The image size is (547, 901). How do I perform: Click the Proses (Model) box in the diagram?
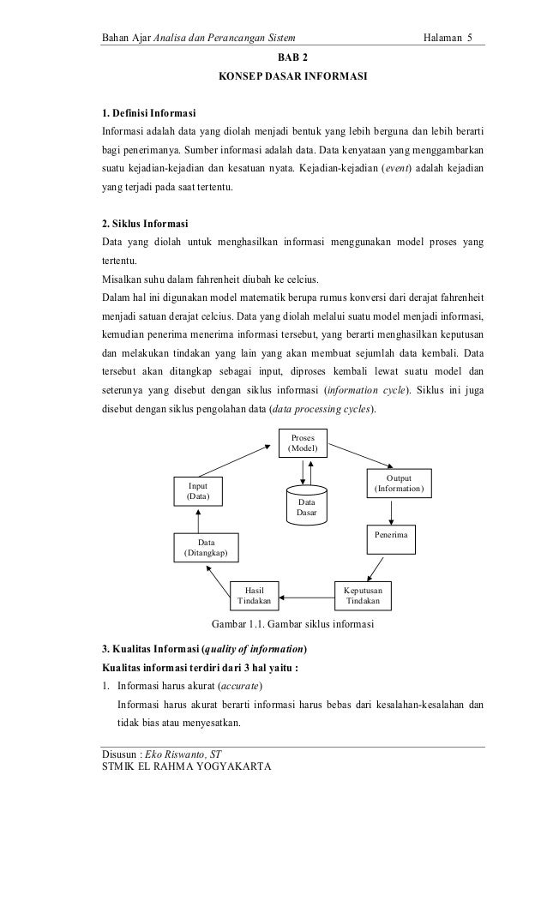[303, 443]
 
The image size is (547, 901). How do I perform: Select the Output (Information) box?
[399, 484]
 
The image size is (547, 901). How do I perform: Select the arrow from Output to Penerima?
[393, 511]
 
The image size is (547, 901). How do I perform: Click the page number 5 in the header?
[470, 39]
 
